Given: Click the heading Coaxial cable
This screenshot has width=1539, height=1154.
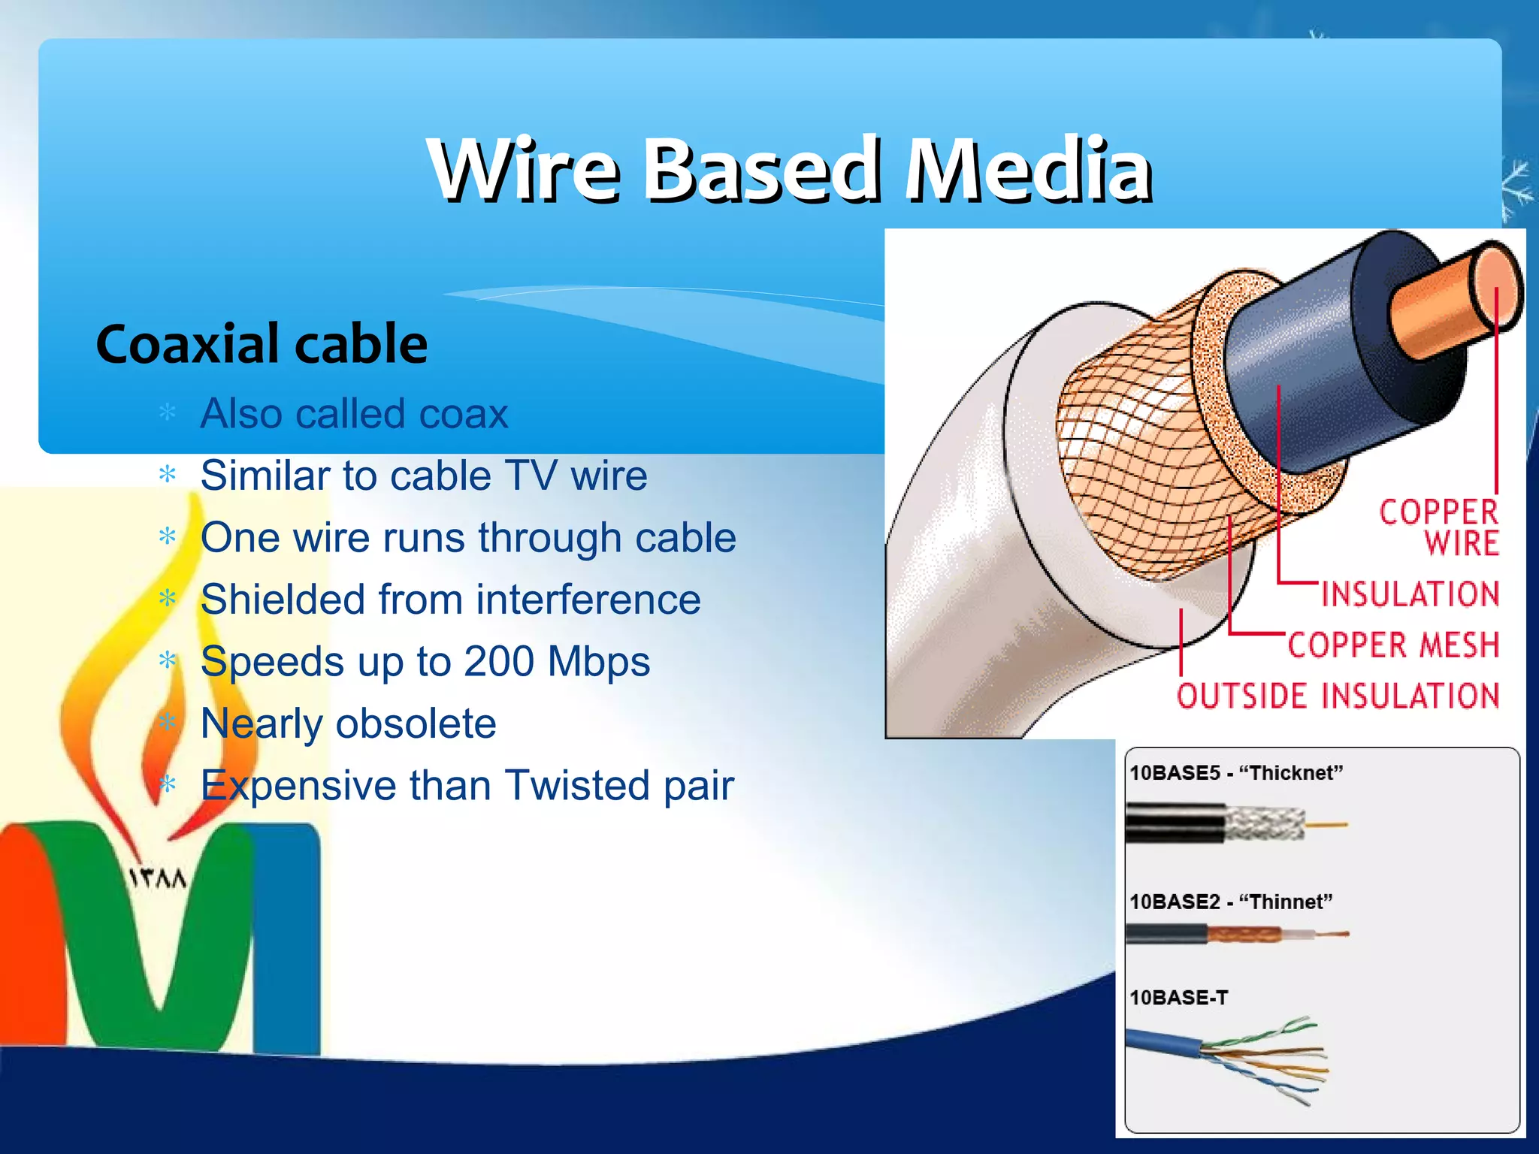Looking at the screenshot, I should tap(262, 344).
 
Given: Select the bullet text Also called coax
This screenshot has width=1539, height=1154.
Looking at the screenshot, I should tap(354, 413).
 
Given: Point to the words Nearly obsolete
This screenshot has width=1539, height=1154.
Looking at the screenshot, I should tap(348, 724).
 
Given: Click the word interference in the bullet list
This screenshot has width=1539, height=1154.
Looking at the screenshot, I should tap(588, 600).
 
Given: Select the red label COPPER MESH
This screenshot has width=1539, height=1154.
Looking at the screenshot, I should tap(1392, 645).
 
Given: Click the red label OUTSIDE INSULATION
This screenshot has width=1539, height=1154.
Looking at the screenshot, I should tap(1338, 696).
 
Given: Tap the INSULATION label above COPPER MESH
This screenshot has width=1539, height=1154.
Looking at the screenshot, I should tap(1410, 594).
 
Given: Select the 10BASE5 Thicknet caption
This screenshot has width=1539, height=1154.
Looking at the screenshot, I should tap(1235, 773).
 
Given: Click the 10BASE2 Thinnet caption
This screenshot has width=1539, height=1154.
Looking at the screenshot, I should tap(1230, 902).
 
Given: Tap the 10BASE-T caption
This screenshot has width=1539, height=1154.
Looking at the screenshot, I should tap(1178, 998).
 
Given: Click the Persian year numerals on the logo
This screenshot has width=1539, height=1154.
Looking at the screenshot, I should tap(157, 878).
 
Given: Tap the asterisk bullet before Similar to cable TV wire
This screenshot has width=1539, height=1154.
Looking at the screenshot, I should tap(168, 475).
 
